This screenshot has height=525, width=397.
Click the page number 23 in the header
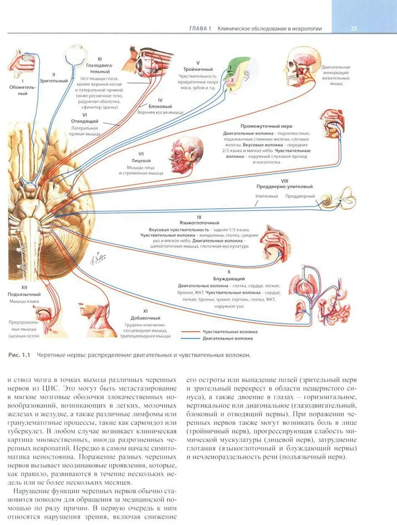tap(354, 28)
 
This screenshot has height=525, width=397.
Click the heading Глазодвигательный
tap(99, 68)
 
